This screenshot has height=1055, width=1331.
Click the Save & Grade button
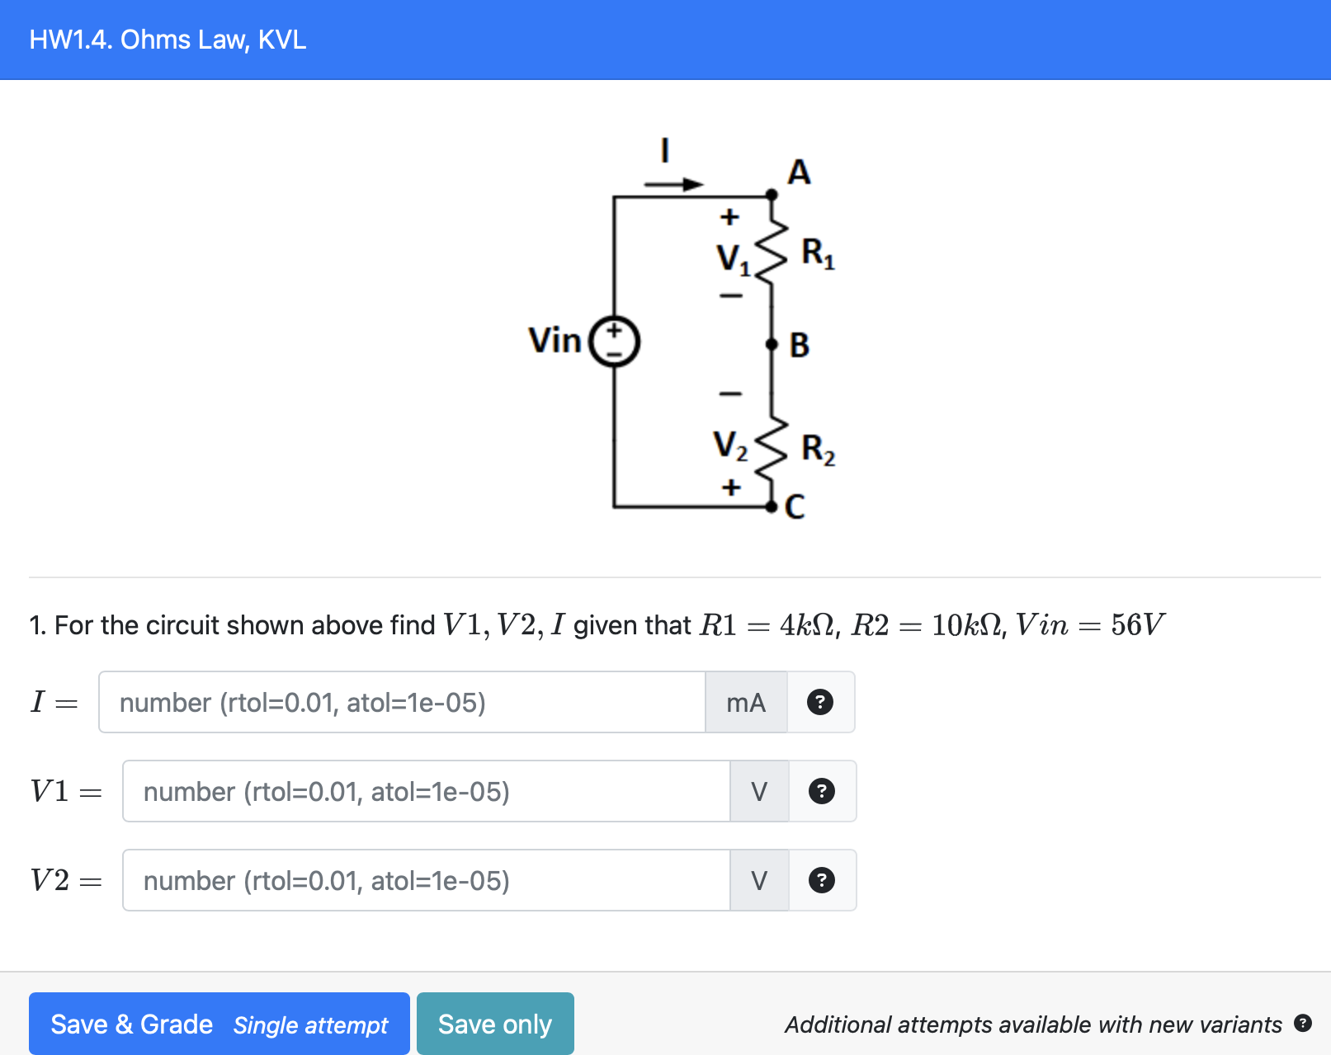[219, 1024]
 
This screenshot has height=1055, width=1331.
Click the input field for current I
[402, 703]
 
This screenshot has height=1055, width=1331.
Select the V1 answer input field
[426, 792]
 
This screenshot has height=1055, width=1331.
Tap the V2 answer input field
[426, 881]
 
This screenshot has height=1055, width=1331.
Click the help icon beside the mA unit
[819, 703]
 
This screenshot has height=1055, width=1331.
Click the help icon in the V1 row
[821, 792]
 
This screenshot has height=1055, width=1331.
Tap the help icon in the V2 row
[821, 881]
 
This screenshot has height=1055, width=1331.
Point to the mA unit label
[746, 703]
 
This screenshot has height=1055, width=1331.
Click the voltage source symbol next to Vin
[614, 341]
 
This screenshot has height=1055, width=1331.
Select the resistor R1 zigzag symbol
[772, 252]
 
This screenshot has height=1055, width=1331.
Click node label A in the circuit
[799, 172]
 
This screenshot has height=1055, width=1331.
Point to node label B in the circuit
[799, 345]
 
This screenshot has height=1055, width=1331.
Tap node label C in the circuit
[795, 506]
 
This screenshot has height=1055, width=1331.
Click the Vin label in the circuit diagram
[555, 340]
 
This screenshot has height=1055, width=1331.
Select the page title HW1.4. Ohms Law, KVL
[168, 40]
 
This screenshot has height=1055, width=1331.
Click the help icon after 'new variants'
[1303, 1024]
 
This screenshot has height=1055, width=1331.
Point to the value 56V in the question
[1137, 625]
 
